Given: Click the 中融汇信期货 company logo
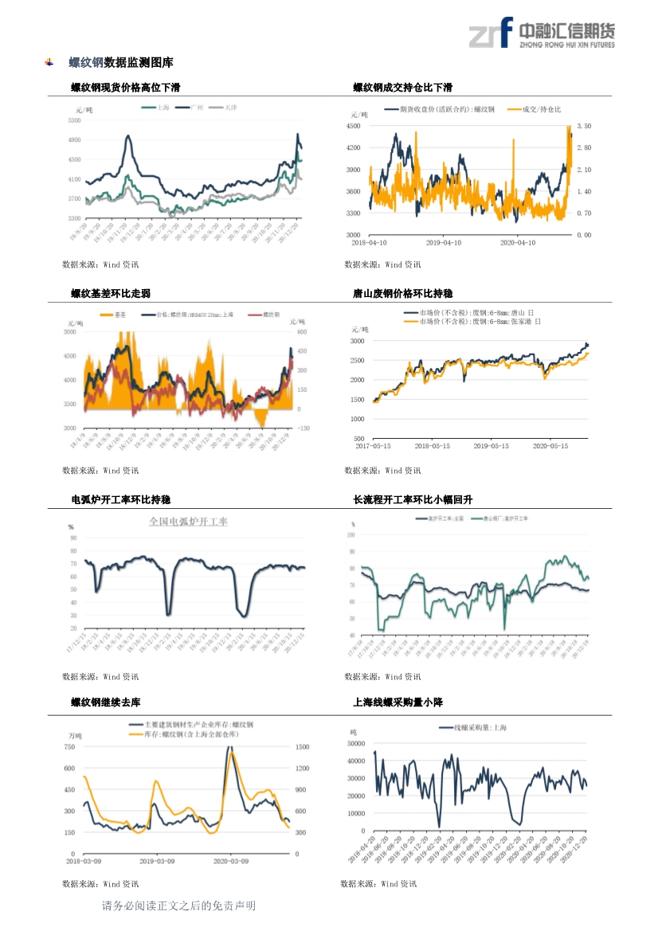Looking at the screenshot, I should tap(541, 33).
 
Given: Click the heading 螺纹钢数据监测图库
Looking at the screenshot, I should tap(120, 62).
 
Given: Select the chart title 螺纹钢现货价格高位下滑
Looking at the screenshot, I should tap(125, 87).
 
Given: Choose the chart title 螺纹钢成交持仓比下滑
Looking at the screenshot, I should tap(403, 87).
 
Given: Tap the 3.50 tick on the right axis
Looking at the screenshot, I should tap(583, 126).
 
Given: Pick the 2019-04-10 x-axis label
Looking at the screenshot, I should tap(445, 242).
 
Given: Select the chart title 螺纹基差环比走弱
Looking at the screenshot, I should tap(110, 293).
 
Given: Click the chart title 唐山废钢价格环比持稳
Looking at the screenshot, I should tap(403, 293).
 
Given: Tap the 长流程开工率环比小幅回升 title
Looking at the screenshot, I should tap(413, 499).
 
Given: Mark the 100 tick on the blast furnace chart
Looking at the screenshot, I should tap(351, 534).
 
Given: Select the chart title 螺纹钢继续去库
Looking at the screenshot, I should tap(105, 702).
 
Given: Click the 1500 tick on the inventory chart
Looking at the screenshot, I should tap(302, 747).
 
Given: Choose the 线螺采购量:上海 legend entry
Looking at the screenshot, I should tap(480, 728).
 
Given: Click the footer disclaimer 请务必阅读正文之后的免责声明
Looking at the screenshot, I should tap(178, 906).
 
